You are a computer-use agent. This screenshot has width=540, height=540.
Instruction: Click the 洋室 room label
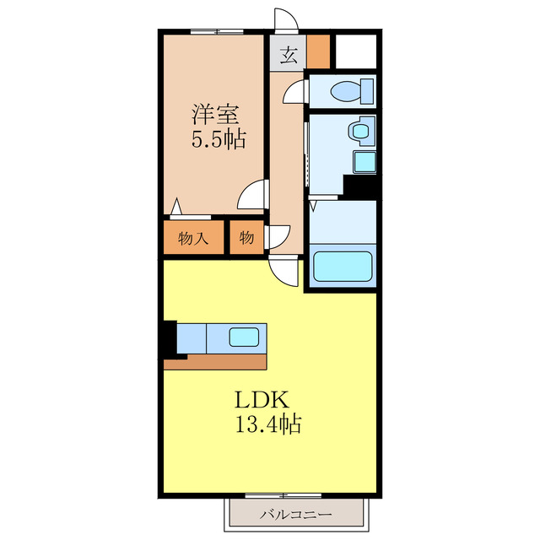click(215, 114)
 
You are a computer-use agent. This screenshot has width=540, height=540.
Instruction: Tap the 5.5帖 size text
click(219, 139)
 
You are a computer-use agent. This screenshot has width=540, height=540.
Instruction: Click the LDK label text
click(262, 399)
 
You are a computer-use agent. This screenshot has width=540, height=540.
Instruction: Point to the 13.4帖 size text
click(268, 424)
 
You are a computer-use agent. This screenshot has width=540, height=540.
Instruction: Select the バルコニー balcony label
click(296, 515)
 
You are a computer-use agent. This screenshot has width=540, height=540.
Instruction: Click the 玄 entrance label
click(289, 55)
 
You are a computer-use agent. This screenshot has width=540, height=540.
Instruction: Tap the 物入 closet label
click(193, 238)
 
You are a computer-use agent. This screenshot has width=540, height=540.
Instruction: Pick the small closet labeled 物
click(246, 238)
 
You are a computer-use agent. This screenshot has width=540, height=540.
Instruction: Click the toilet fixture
click(352, 91)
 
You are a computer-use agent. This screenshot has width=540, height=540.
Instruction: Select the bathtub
click(343, 267)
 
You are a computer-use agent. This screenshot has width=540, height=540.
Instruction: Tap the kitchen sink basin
click(244, 337)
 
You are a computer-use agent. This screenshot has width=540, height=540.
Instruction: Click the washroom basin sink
click(361, 131)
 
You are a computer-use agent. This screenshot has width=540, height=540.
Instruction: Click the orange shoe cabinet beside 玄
click(318, 51)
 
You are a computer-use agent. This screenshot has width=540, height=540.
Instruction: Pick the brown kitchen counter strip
click(215, 362)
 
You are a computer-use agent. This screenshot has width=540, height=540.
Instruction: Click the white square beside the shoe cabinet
click(356, 51)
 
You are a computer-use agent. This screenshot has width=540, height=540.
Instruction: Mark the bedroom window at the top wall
click(217, 32)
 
